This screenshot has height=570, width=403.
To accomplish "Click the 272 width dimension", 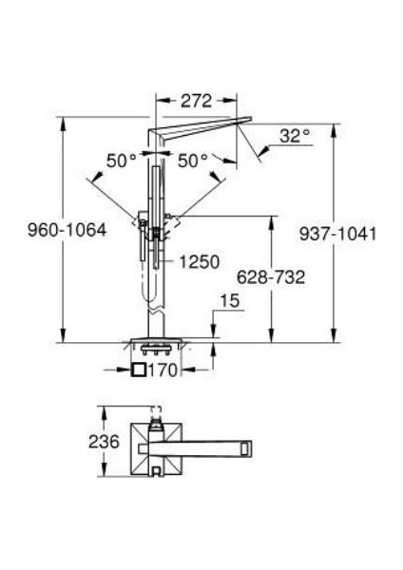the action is tap(197, 101).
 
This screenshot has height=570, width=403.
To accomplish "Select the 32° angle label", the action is tap(296, 136).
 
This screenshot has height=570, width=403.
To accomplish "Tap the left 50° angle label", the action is tap(122, 161).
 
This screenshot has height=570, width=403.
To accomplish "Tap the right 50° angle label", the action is tap(193, 161).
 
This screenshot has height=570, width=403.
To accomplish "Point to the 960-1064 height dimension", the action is tap(67, 230).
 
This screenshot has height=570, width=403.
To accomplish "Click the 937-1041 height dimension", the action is tap(338, 234).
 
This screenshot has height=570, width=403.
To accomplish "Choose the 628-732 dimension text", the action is tap(271, 277).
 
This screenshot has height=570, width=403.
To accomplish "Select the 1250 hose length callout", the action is tap(200, 262).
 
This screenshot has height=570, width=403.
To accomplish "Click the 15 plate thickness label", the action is tap(230, 301).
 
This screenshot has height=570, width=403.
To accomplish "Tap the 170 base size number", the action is tap(163, 370).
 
